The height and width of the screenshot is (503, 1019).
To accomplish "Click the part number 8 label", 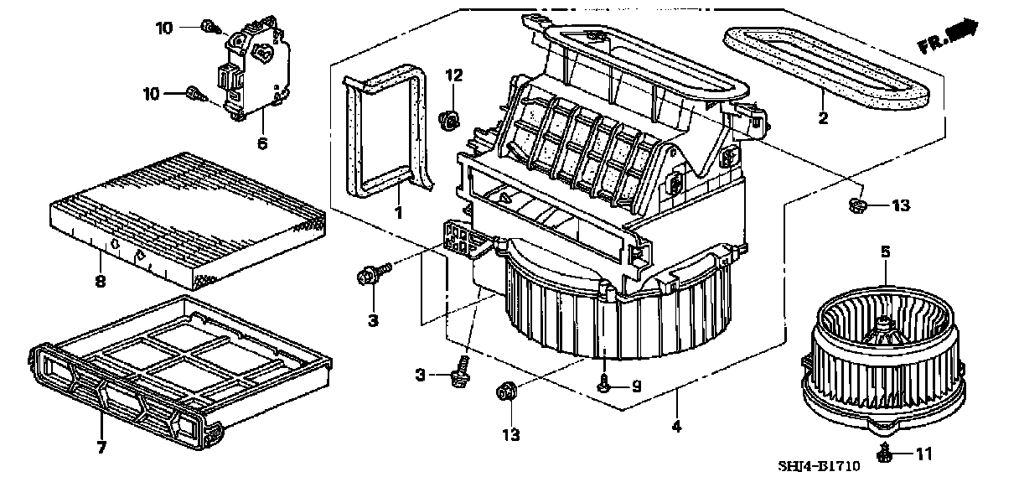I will click(100, 282).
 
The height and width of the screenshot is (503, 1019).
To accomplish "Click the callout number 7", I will click(101, 448).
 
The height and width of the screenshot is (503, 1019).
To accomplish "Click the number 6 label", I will click(261, 144).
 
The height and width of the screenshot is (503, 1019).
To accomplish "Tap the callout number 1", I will click(398, 213).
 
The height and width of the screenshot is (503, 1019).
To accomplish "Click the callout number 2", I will click(823, 118).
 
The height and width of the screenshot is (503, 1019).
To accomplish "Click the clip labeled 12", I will click(451, 119).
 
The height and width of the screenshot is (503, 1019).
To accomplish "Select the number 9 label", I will click(635, 386).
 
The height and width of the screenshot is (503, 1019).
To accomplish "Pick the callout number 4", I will click(676, 426).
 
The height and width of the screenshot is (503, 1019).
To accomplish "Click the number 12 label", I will click(453, 75).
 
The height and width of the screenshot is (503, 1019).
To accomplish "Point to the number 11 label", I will click(923, 455).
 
